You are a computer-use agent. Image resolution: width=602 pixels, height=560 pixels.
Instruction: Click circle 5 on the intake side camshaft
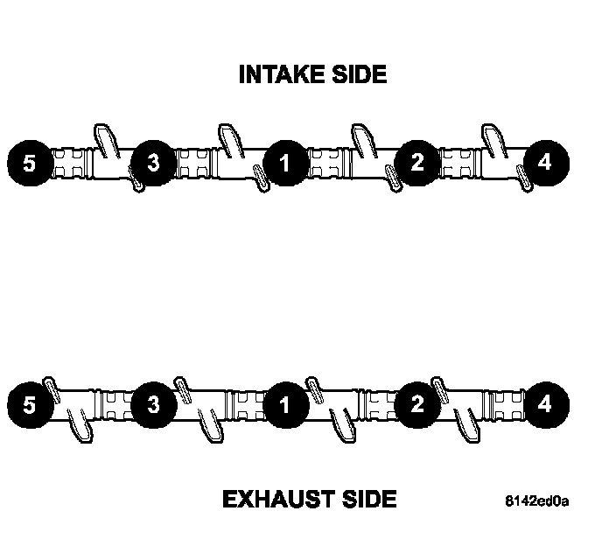30,163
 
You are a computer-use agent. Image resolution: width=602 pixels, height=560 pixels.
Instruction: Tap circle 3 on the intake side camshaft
153,163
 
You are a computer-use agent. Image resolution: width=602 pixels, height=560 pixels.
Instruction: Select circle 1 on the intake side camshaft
283,163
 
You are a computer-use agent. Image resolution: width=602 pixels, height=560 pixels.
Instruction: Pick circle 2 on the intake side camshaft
416,163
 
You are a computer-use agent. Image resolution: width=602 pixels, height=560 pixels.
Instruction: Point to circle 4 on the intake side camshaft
545,163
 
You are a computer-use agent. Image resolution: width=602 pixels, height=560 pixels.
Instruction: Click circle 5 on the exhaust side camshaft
30,405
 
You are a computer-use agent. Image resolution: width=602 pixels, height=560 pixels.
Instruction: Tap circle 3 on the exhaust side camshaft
153,405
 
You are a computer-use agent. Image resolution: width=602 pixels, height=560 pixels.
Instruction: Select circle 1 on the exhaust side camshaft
283,405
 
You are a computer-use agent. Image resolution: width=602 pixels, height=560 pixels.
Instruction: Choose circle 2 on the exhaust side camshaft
416,405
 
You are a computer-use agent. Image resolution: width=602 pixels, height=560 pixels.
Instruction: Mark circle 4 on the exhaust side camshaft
545,405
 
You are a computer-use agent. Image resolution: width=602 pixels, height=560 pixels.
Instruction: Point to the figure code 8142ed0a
536,502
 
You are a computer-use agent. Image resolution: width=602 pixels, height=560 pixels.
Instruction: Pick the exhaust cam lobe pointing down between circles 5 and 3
82,429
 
